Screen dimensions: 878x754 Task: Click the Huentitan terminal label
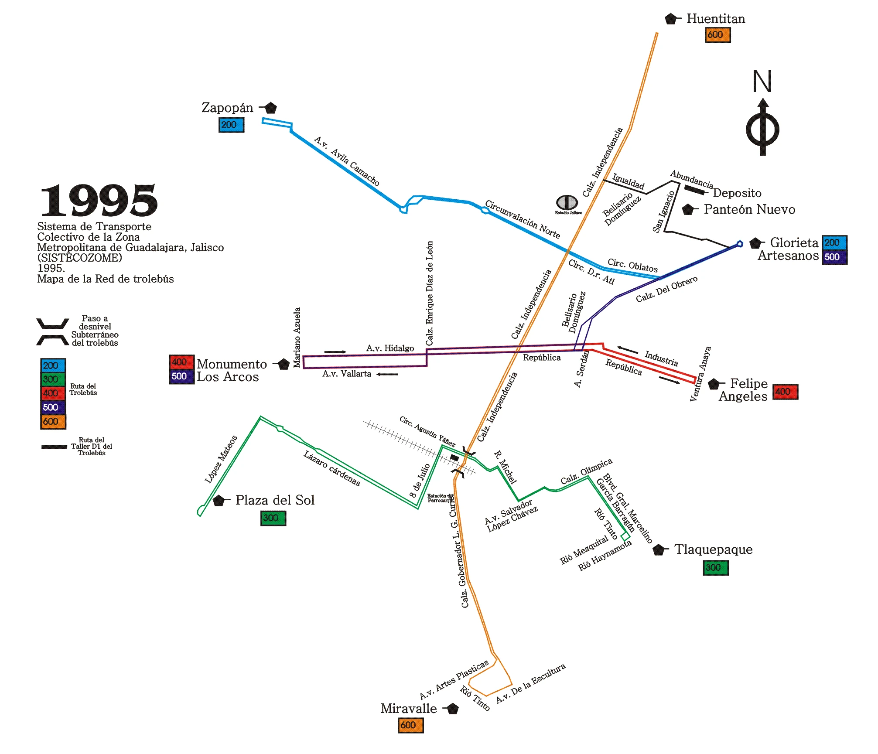tap(715, 19)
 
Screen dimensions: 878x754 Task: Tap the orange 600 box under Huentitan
tap(717, 35)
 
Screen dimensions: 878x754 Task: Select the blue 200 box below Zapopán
tap(231, 125)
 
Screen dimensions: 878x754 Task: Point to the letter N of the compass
tap(762, 82)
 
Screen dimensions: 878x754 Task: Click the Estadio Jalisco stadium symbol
tap(567, 202)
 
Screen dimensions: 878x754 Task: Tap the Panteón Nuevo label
tap(749, 210)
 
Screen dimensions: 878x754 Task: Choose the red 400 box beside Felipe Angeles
tap(785, 392)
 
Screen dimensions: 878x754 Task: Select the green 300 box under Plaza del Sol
tap(273, 518)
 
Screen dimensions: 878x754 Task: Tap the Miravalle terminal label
tap(408, 709)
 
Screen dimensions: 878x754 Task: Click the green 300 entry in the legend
tap(53, 379)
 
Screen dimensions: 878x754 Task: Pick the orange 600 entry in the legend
tap(53, 422)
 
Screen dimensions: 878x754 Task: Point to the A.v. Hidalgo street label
tap(390, 348)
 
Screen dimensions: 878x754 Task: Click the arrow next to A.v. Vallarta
tap(387, 374)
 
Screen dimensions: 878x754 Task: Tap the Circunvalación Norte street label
tap(522, 220)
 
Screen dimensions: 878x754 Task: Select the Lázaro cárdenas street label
tap(332, 469)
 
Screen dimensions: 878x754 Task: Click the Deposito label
tap(737, 193)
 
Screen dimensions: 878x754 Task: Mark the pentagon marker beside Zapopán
tap(270, 108)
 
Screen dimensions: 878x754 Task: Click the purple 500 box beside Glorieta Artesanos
tap(834, 257)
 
